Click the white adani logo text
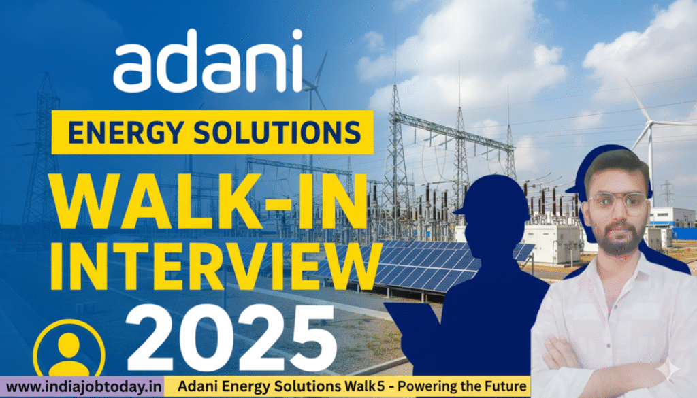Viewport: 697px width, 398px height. click(207, 61)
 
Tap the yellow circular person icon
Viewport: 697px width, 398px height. click(69, 350)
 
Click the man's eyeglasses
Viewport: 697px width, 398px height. click(616, 202)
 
